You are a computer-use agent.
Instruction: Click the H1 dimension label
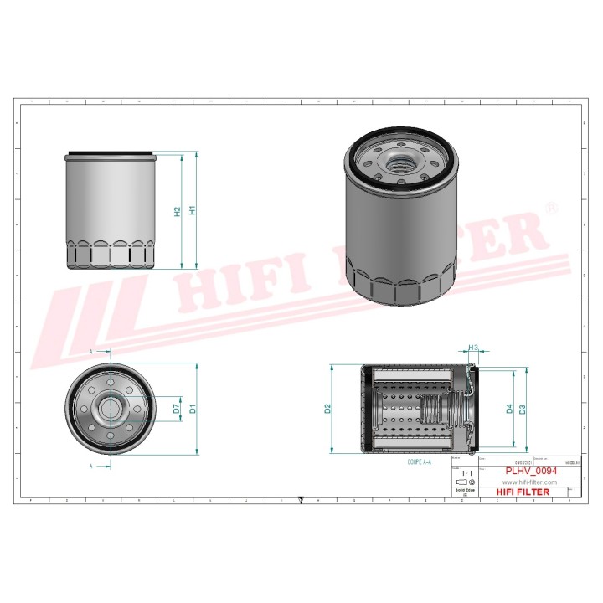(192, 211)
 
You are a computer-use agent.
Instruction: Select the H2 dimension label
(177, 212)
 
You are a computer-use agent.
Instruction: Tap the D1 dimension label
(192, 410)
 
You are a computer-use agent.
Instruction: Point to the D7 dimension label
(176, 409)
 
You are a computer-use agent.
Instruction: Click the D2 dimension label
(328, 410)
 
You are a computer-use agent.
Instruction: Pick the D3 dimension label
(522, 410)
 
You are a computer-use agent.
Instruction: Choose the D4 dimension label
(508, 410)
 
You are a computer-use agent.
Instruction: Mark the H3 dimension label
(473, 347)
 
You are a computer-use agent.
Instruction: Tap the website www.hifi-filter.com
(529, 482)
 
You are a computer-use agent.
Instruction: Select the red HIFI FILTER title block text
(524, 492)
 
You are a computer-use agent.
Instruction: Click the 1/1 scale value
(464, 473)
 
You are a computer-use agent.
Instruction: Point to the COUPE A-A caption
(419, 461)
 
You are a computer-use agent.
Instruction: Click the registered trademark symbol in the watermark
(550, 207)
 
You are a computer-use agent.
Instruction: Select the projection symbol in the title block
(463, 483)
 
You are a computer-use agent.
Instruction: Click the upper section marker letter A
(91, 353)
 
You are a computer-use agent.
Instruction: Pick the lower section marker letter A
(91, 463)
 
